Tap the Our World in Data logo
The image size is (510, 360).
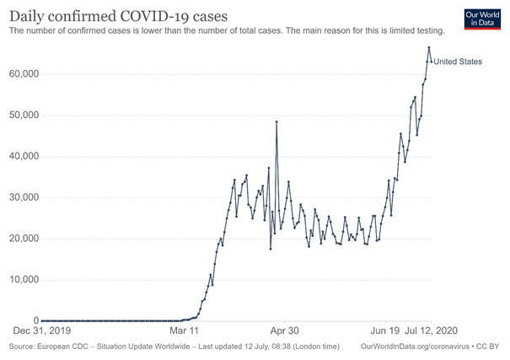[x=482, y=20]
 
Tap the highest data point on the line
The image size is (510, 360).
[x=429, y=47]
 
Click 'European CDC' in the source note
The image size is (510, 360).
[x=59, y=347]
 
